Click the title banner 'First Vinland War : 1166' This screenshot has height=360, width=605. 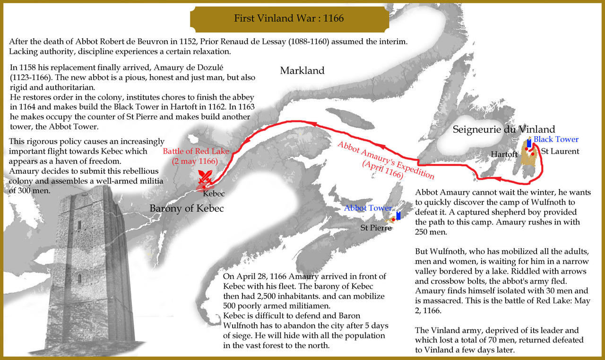[289, 18]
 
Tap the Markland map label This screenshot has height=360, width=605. [302, 71]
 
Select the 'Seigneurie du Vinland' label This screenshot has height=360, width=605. [504, 129]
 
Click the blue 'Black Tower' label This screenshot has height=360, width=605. [556, 139]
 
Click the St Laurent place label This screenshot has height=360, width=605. [560, 152]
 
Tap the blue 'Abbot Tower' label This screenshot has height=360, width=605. [368, 208]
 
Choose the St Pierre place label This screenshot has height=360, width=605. [376, 228]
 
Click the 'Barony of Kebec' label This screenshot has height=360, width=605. [186, 208]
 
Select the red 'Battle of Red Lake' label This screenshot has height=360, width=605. [196, 152]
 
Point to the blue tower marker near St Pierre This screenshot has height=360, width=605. [398, 216]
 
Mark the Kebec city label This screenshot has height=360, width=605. [214, 194]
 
